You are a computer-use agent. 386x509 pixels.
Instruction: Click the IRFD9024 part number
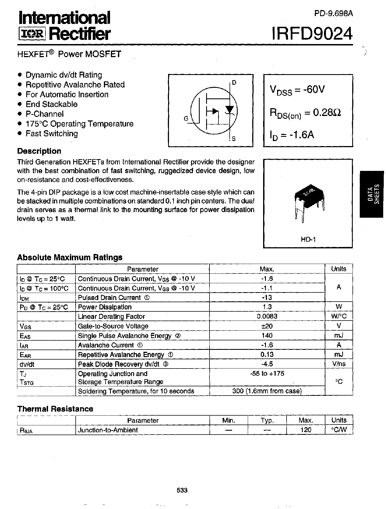click(x=312, y=34)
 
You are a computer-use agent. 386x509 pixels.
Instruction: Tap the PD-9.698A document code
click(x=333, y=13)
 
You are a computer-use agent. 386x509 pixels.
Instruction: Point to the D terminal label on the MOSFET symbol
click(x=234, y=82)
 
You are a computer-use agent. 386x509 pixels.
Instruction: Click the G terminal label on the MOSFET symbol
click(x=186, y=118)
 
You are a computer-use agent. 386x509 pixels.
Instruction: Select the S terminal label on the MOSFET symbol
click(x=233, y=139)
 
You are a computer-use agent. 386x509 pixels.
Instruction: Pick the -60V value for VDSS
click(x=314, y=89)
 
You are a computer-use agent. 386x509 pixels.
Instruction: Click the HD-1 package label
click(x=308, y=239)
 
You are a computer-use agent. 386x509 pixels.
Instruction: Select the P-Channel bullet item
click(x=44, y=114)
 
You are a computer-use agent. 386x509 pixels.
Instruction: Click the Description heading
click(x=39, y=151)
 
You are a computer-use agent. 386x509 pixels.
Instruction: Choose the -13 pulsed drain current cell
click(x=267, y=297)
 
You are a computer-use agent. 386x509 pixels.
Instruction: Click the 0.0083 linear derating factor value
click(x=267, y=316)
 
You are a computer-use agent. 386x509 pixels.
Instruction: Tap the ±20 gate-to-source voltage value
click(x=267, y=326)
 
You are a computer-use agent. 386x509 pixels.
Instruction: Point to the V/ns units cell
click(x=339, y=364)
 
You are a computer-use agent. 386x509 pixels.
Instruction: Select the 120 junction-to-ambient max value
click(x=306, y=430)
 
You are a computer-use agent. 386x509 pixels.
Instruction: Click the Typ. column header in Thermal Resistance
click(x=267, y=420)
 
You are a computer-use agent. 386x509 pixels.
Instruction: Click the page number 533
click(x=182, y=490)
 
